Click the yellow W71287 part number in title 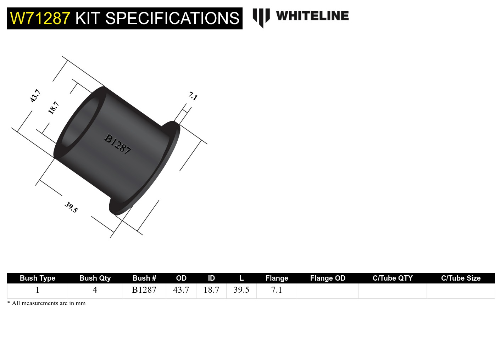(40, 18)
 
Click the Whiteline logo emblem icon (261, 17)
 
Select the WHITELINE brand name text (312, 16)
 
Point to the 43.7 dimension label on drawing (35, 96)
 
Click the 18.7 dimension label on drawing (53, 108)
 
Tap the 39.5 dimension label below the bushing (71, 207)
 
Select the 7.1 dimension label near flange (193, 96)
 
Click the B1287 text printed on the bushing (118, 144)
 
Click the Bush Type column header (37, 278)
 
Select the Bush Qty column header (95, 278)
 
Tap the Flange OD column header (328, 278)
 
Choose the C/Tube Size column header (461, 278)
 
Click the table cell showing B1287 (144, 290)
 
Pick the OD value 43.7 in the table (181, 290)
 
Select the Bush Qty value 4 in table (95, 290)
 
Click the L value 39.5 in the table (241, 290)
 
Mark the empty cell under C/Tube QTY (392, 291)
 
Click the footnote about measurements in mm (46, 303)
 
